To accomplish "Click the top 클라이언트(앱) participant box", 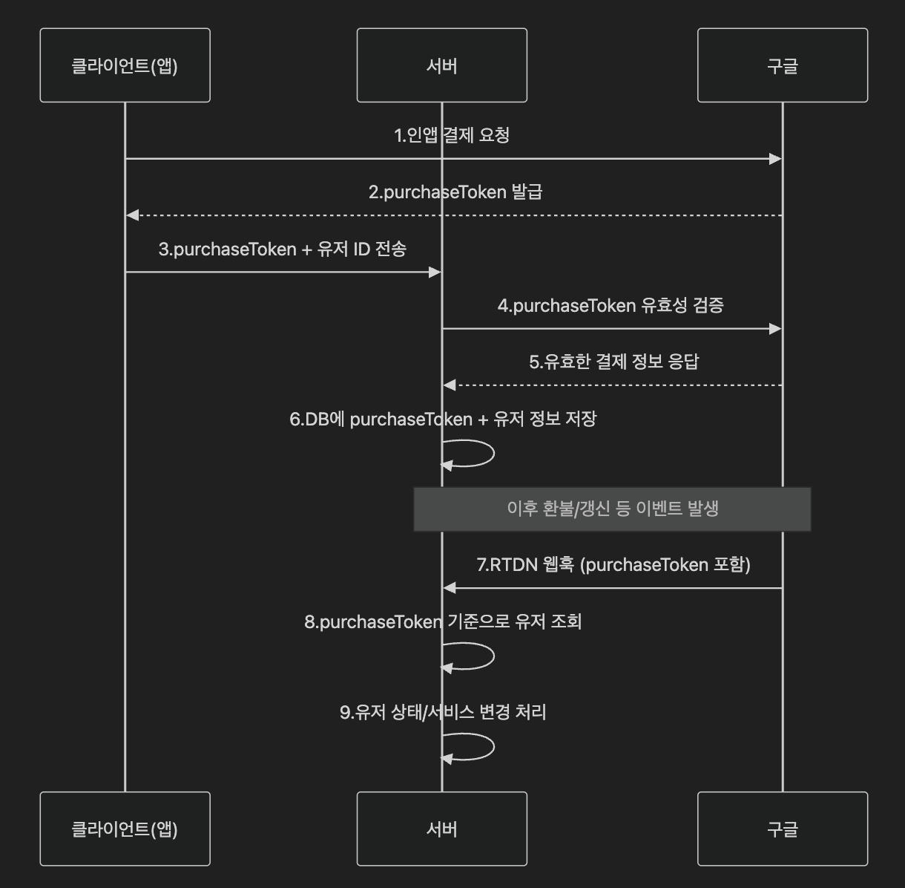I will point(125,65).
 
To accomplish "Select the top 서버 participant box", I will point(441,65).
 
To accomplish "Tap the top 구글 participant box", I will point(782,65).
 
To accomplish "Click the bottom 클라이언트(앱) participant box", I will point(125,829).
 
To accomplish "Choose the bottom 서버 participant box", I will point(441,829).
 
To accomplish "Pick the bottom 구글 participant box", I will point(782,829).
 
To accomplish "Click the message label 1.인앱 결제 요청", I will point(452,135).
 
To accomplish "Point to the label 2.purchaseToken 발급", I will point(455,192).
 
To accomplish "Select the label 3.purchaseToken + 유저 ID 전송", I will point(283,249).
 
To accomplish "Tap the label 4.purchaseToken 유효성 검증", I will point(611,305).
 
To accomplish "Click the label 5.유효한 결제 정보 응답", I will point(613,362).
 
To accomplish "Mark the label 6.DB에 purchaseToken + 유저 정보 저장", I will point(443,419).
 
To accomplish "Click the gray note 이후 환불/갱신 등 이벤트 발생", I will point(612,509).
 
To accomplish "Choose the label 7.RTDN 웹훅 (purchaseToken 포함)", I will point(613,565).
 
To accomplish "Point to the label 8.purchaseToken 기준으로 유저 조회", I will point(443,621).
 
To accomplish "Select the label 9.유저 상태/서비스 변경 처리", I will point(443,712).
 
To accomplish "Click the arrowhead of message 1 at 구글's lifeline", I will point(775,159).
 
